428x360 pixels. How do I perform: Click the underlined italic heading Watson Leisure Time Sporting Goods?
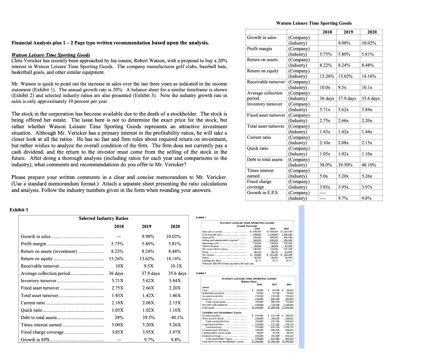(51, 55)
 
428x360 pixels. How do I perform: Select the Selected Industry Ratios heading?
(104, 218)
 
